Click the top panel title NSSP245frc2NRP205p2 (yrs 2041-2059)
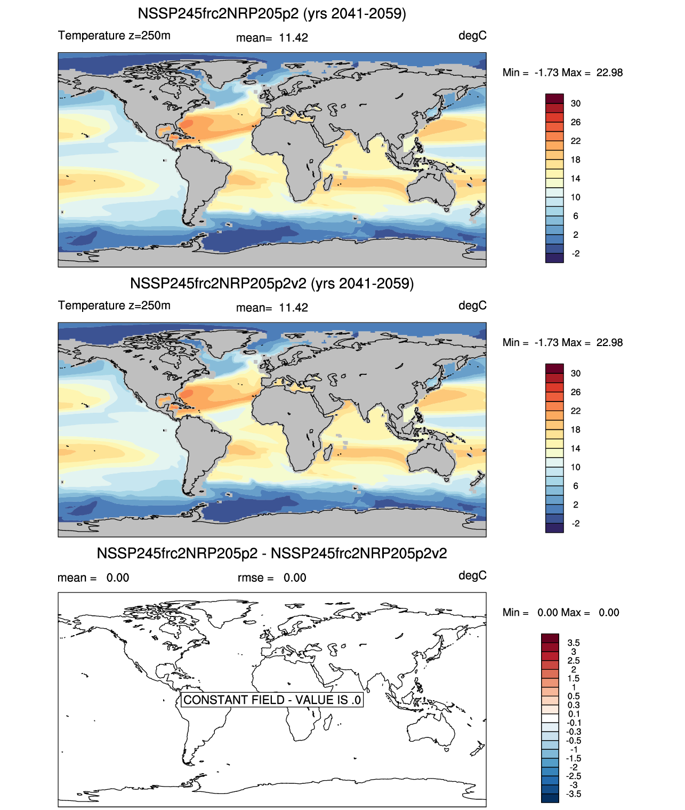(272, 14)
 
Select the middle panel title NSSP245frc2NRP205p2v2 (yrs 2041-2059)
(272, 284)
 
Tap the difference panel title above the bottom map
(272, 554)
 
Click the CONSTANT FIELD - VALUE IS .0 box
(272, 700)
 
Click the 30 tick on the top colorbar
(576, 103)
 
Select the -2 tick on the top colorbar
(576, 254)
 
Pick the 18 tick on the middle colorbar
(576, 430)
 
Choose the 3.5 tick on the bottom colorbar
(574, 643)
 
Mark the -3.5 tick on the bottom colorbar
(574, 794)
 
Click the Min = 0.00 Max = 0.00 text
(561, 613)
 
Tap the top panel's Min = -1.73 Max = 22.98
(562, 73)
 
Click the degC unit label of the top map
(472, 36)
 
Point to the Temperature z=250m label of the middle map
(114, 306)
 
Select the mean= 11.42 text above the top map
(272, 38)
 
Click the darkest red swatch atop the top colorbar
(554, 99)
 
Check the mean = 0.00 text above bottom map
(93, 578)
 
